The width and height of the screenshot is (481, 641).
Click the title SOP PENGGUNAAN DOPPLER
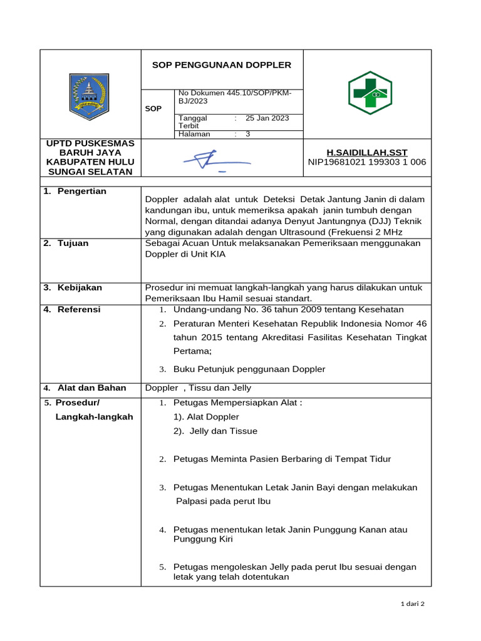pyautogui.click(x=222, y=65)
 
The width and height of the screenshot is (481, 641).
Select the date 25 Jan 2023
pyautogui.click(x=267, y=118)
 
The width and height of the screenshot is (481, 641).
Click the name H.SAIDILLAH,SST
pyautogui.click(x=367, y=152)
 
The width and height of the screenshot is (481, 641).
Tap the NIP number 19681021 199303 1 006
pyautogui.click(x=367, y=162)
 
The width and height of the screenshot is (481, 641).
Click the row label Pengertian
pyautogui.click(x=81, y=191)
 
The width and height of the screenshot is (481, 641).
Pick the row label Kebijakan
pyautogui.click(x=80, y=287)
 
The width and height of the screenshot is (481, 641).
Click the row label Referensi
pyautogui.click(x=78, y=309)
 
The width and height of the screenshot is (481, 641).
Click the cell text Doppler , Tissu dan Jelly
pyautogui.click(x=198, y=388)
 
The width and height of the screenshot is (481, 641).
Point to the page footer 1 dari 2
pyautogui.click(x=412, y=604)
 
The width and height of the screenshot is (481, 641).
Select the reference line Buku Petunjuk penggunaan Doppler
pyautogui.click(x=249, y=369)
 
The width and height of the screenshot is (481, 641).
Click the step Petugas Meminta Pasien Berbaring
pyautogui.click(x=282, y=459)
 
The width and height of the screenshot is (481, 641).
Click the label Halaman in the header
pyautogui.click(x=194, y=134)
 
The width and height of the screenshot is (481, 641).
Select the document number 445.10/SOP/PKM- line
pyautogui.click(x=235, y=93)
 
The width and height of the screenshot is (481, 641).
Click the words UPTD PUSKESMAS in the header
pyautogui.click(x=91, y=143)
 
